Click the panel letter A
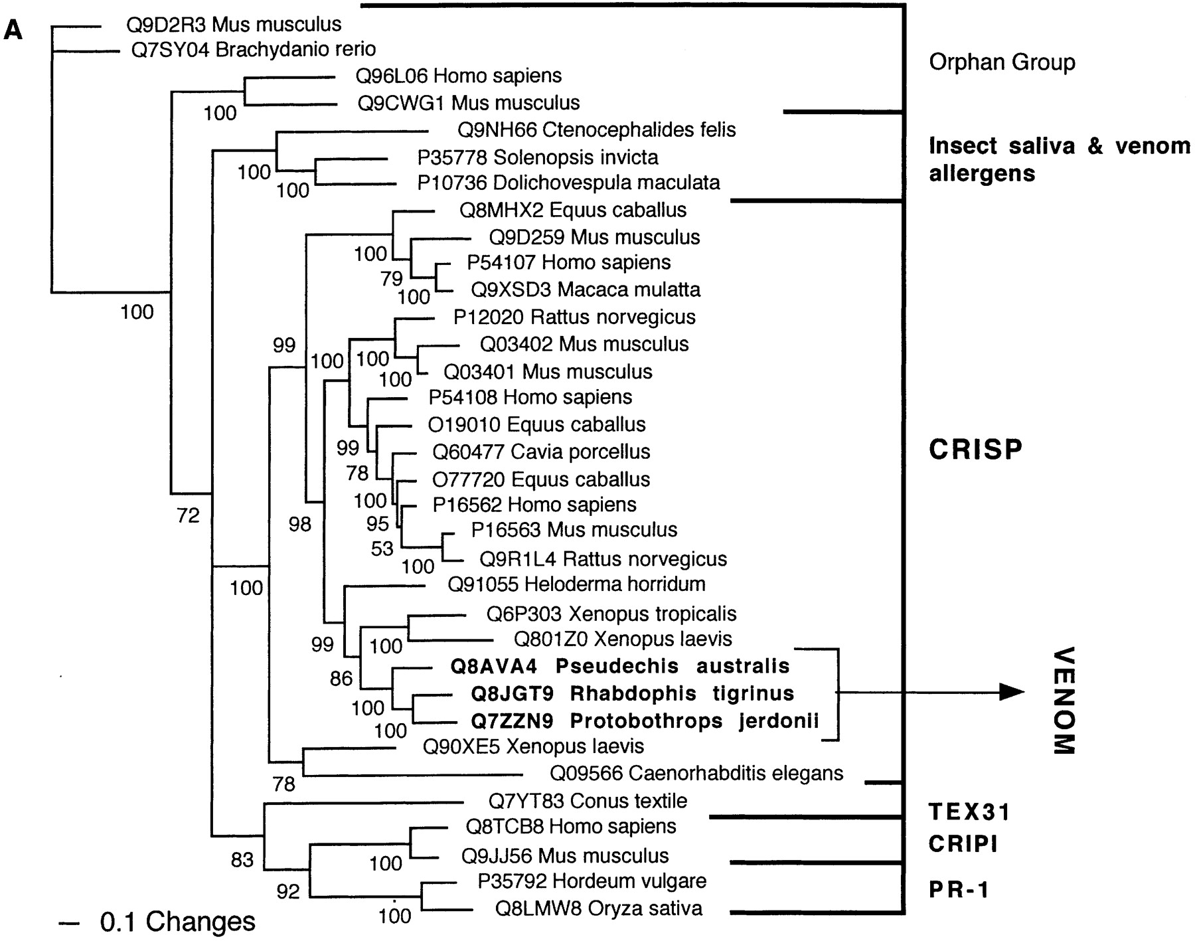coord(13,30)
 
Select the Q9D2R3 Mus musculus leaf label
coord(234,25)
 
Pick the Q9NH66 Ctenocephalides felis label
coord(596,129)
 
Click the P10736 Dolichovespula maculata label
coord(568,182)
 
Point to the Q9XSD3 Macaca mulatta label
coord(586,290)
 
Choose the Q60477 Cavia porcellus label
coord(541,452)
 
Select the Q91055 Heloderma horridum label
coord(576,584)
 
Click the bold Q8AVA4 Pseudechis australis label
coord(620,666)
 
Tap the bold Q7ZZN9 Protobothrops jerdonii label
coord(645,721)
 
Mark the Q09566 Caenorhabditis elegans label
coord(696,773)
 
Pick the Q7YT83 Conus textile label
coord(588,801)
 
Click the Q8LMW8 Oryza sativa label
coord(598,908)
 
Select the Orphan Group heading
coord(1002,62)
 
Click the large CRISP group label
coord(975,450)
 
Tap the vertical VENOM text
coord(1064,701)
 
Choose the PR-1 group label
coord(959,889)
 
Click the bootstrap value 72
coord(189,515)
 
